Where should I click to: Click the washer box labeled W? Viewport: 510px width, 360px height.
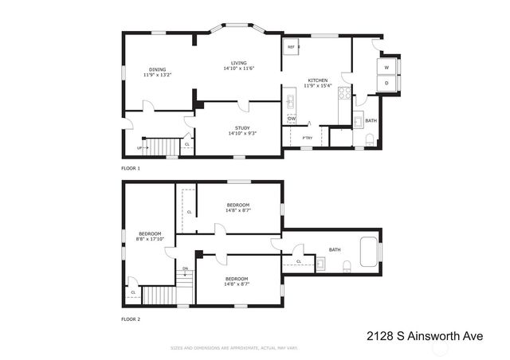pos(386,68)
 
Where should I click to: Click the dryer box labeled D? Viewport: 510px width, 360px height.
pos(386,84)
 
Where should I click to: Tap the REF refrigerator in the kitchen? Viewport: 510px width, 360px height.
pos(291,47)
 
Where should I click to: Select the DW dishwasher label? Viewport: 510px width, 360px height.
pos(292,119)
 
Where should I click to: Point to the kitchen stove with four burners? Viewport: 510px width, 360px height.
pos(344,93)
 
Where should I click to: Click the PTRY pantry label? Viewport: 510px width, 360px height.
pos(307,139)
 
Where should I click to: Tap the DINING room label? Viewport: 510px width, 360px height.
pos(156,69)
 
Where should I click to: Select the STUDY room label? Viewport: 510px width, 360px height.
pos(241,128)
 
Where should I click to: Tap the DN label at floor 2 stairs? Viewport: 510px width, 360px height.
pos(186,268)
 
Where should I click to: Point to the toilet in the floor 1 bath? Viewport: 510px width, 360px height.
pos(368,139)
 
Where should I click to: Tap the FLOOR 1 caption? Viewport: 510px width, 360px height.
pos(130,169)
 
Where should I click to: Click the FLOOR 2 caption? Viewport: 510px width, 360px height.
pos(130,319)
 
